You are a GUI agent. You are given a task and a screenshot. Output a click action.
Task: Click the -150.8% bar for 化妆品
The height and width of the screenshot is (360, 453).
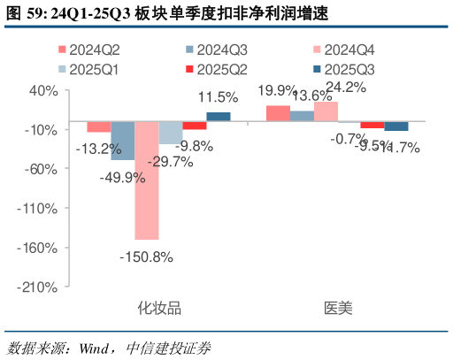(x=147, y=180)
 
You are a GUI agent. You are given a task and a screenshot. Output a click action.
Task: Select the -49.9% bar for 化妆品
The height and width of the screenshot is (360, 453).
(x=123, y=141)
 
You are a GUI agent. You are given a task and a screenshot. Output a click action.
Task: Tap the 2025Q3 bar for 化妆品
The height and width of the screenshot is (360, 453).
(x=218, y=117)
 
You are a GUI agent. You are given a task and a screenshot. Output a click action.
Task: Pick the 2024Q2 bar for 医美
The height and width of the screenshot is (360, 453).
(x=278, y=113)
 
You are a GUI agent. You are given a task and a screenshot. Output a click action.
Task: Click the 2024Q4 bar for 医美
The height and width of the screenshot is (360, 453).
(x=326, y=111)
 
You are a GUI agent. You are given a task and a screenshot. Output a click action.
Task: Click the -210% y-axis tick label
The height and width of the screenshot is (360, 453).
(x=39, y=287)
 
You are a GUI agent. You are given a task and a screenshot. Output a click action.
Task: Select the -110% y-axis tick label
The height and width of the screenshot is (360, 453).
(x=39, y=209)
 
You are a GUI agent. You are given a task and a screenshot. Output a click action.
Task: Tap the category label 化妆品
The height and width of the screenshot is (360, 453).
(x=159, y=309)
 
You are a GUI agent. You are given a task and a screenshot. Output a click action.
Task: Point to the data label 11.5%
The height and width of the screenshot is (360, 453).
(x=219, y=97)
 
